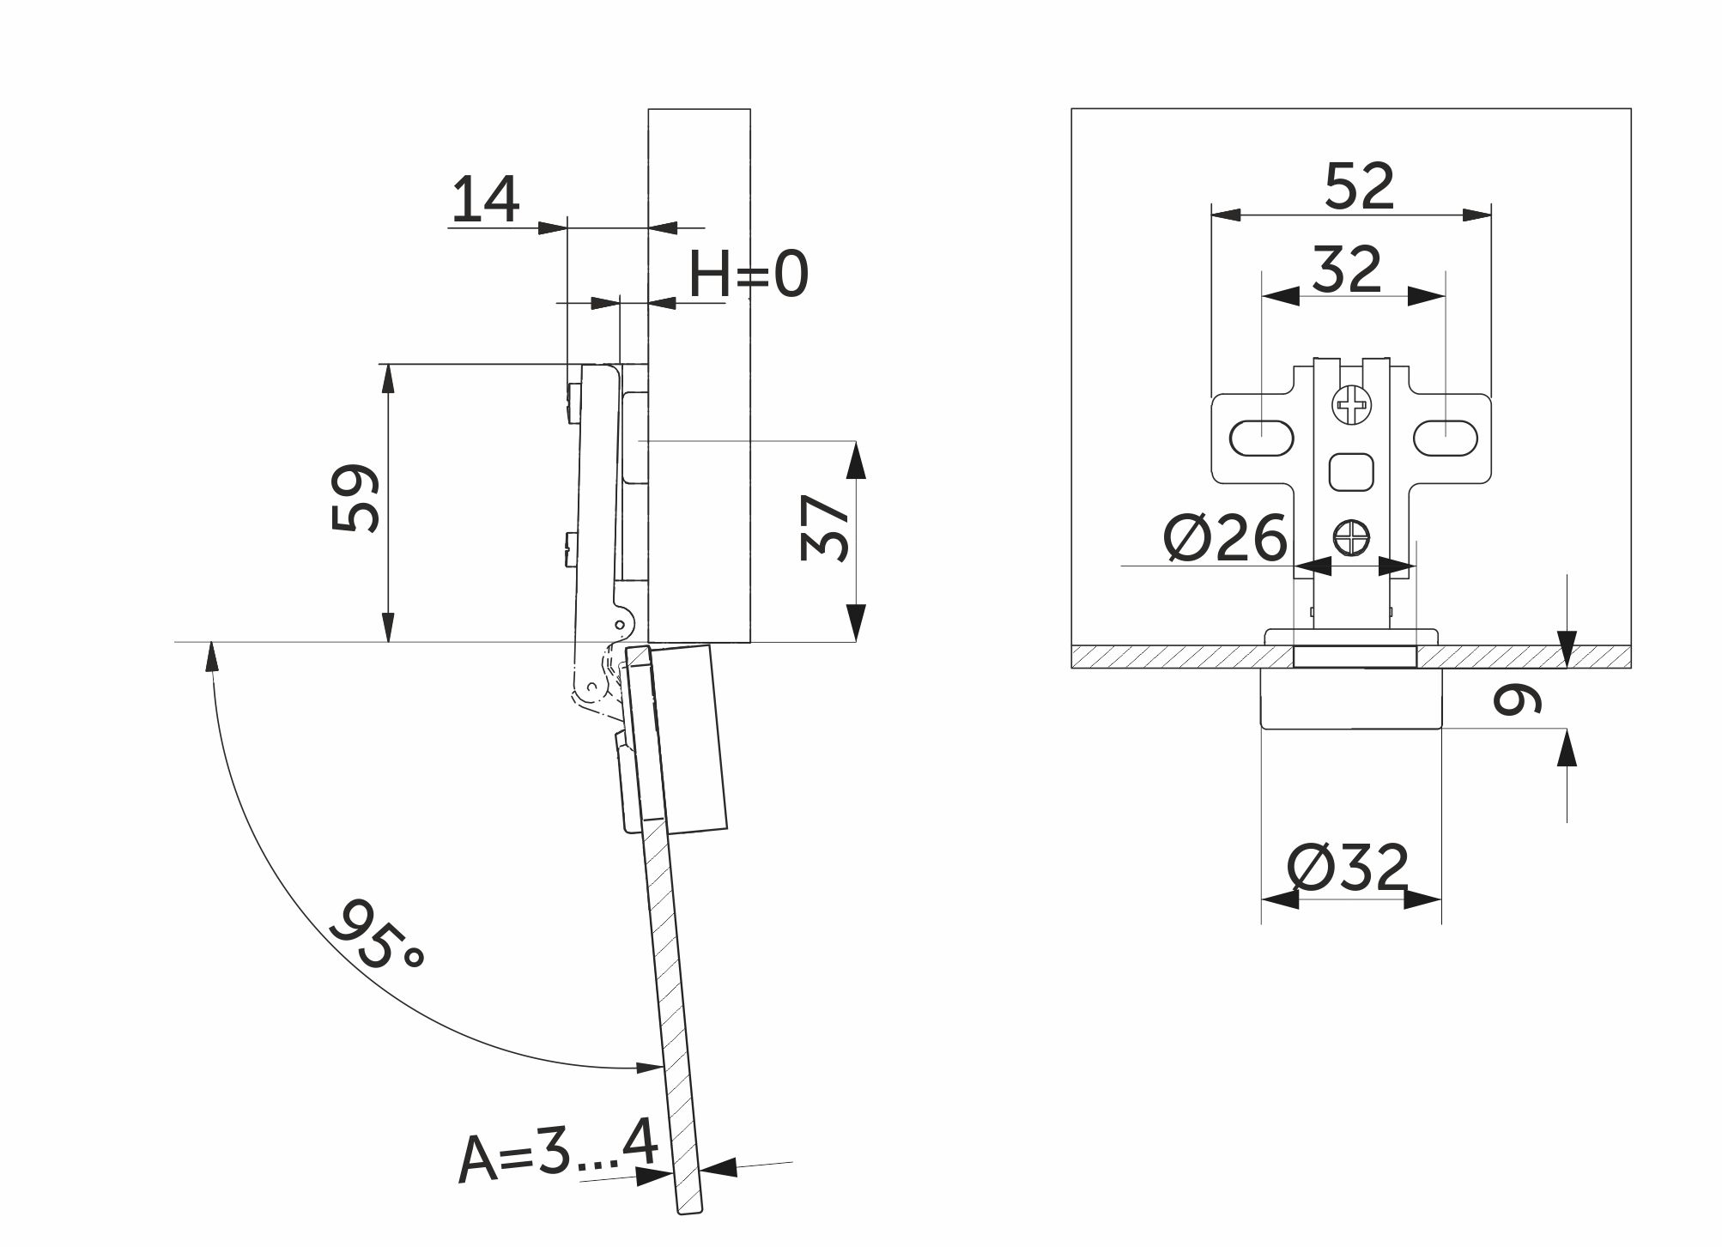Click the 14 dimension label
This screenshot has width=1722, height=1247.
pyautogui.click(x=485, y=199)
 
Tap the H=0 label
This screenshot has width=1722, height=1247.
pyautogui.click(x=749, y=275)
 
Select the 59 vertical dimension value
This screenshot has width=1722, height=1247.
pyautogui.click(x=355, y=499)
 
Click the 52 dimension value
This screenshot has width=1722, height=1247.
pyautogui.click(x=1359, y=185)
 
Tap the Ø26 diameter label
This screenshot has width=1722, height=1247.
pyautogui.click(x=1225, y=539)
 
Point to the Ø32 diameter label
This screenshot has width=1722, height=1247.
pyautogui.click(x=1348, y=869)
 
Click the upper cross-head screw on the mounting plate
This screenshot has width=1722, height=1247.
pyautogui.click(x=1350, y=404)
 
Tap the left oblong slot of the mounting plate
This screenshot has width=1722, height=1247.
pyautogui.click(x=1262, y=438)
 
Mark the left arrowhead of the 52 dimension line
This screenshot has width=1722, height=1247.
pyautogui.click(x=1226, y=214)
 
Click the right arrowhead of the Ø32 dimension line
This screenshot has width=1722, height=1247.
pyautogui.click(x=1422, y=899)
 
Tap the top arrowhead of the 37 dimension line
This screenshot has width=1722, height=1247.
pyautogui.click(x=856, y=459)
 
